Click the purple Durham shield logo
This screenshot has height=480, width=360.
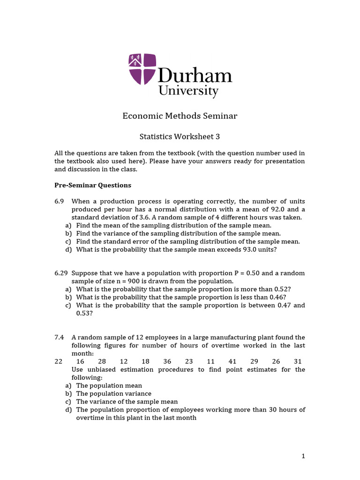coord(142,69)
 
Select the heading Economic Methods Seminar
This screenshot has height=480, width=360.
coord(180,115)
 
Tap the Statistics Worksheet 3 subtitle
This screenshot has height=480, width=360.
coord(180,137)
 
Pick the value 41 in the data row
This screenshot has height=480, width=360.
coord(232,361)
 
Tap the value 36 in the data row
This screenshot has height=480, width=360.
coord(167,361)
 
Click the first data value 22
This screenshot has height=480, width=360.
coord(58,361)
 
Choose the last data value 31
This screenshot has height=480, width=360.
coord(298,361)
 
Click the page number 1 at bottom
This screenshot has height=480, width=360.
coord(303,456)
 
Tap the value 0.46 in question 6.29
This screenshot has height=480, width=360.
coord(277,297)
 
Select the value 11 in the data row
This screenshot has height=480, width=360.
coord(210,361)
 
